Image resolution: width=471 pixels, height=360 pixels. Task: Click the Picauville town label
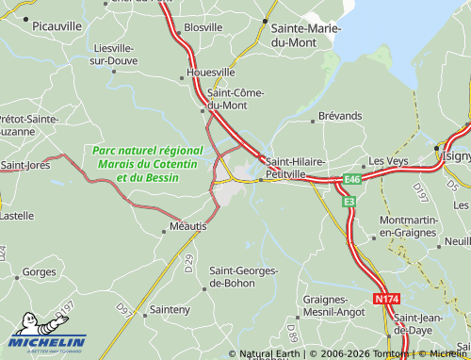coord(57,28)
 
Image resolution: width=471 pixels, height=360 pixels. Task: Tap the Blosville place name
coord(203,28)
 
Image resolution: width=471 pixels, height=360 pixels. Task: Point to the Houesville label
coord(211,72)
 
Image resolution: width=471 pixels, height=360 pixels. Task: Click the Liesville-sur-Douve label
coord(115,54)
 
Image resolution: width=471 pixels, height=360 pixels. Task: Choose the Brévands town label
coord(340,115)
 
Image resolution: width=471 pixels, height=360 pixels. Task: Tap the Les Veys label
coord(386,161)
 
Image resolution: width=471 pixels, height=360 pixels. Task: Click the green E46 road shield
coord(352,179)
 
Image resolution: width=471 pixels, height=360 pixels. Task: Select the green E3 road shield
coord(349,201)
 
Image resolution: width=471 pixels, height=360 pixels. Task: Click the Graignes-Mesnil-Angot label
coord(333,305)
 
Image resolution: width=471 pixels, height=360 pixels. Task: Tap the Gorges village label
coord(40,271)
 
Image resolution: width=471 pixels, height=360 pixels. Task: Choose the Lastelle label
coord(18,215)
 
